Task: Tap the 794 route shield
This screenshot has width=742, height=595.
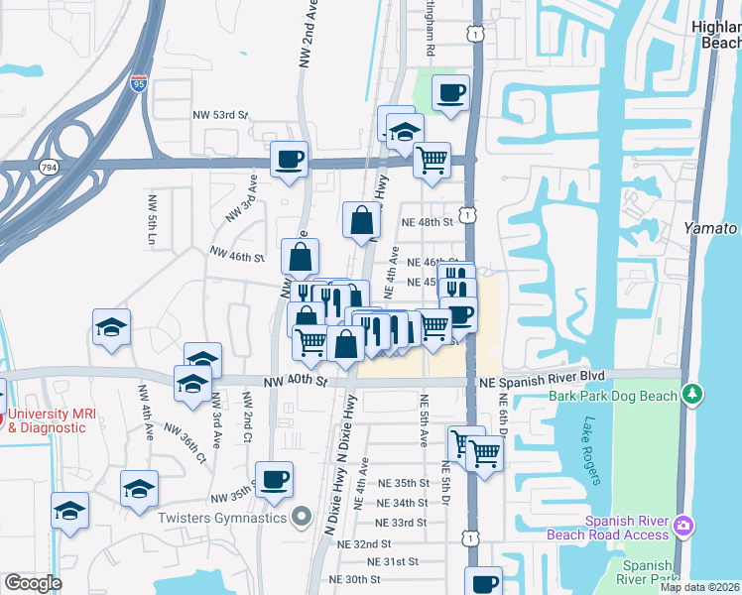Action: pyautogui.click(x=48, y=168)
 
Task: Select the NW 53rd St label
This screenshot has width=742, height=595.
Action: pyautogui.click(x=219, y=115)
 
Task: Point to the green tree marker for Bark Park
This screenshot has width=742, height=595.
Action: pyautogui.click(x=692, y=395)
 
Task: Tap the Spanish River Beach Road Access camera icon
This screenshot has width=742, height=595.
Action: pyautogui.click(x=682, y=525)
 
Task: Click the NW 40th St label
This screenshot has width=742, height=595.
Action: pyautogui.click(x=295, y=381)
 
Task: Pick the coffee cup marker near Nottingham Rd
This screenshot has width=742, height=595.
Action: pyautogui.click(x=451, y=93)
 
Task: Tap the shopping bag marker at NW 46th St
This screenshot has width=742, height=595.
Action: pyautogui.click(x=300, y=258)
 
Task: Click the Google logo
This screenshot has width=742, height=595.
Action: pyautogui.click(x=33, y=583)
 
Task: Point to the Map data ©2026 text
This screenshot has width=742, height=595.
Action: pyautogui.click(x=700, y=587)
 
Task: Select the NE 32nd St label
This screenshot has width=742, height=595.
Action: pyautogui.click(x=364, y=544)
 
